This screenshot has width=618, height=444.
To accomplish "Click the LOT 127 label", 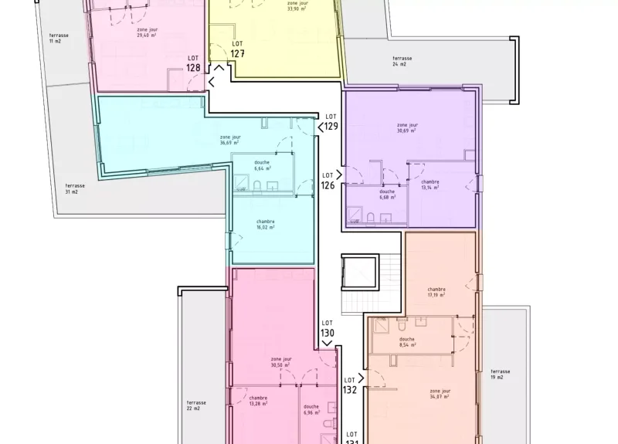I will (238, 49).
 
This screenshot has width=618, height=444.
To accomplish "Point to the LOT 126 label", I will (328, 181).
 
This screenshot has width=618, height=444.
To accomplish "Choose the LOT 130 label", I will (328, 328).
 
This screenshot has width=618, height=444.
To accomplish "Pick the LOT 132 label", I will (350, 385).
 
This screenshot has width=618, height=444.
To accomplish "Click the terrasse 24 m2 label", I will (402, 61).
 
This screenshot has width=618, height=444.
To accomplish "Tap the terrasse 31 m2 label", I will (75, 188).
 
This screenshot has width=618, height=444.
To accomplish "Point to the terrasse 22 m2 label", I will (196, 405).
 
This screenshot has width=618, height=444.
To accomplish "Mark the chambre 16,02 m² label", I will (266, 224).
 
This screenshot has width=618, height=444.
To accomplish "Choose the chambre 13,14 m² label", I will (430, 185).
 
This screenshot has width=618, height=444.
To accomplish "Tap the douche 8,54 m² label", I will (407, 341).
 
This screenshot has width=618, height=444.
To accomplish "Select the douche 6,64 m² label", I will (263, 164).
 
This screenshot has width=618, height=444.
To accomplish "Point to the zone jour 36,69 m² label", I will (229, 140).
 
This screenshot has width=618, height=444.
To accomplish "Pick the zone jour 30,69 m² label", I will (407, 127).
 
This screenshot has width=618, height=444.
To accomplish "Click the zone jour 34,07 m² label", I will (440, 394).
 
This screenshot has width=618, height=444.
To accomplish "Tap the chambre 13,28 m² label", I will (258, 400).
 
